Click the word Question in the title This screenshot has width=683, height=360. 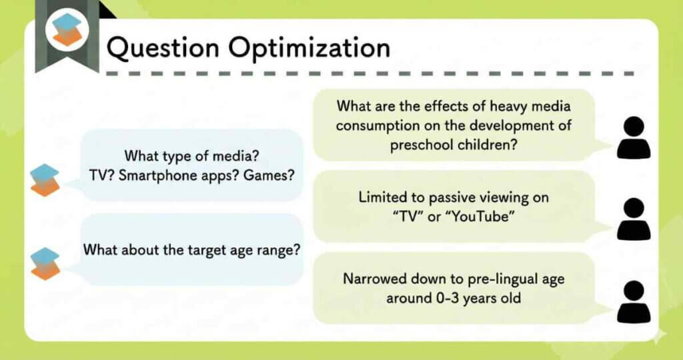pyautogui.click(x=163, y=47)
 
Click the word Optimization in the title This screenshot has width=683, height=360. pyautogui.click(x=309, y=47)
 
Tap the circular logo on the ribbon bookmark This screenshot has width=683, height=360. pyautogui.click(x=67, y=29)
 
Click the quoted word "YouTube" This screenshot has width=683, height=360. pyautogui.click(x=478, y=217)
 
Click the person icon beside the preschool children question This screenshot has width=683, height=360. pyautogui.click(x=634, y=137)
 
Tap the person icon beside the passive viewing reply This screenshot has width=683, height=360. pyautogui.click(x=634, y=219)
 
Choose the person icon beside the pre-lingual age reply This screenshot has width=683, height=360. pyautogui.click(x=634, y=301)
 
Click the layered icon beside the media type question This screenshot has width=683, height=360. pyautogui.click(x=45, y=180)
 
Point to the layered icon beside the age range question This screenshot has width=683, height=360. pyautogui.click(x=45, y=264)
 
